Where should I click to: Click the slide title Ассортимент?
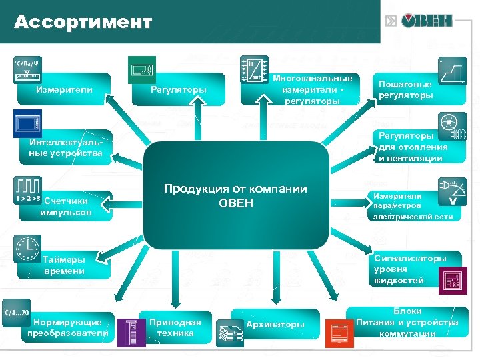83,22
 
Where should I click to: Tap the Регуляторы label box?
178,89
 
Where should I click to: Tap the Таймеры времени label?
64,265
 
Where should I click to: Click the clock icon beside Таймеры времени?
27,248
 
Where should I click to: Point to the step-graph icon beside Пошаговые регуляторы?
453,70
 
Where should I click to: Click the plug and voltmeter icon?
453,192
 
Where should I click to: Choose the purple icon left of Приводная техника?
131,333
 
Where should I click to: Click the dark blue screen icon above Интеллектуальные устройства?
27,124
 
